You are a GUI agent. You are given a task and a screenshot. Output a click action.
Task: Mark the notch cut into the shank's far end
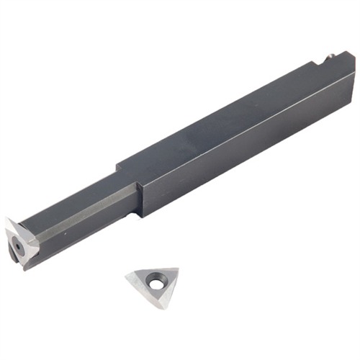tap(320, 60)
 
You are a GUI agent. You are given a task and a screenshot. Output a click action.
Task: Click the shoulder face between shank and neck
tap(139, 198)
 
